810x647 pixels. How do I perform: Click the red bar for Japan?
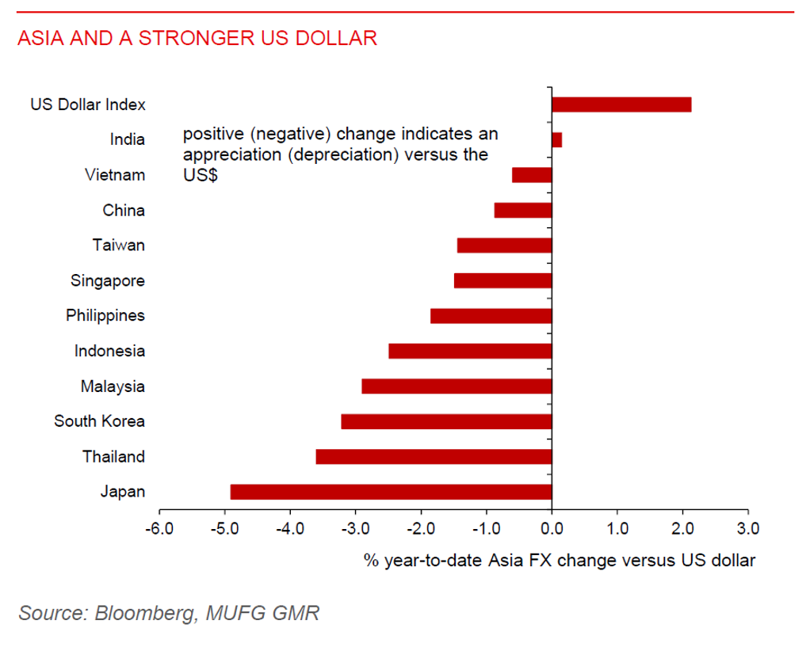click(391, 492)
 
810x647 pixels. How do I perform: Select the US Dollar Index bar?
click(621, 105)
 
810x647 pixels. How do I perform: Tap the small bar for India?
click(556, 140)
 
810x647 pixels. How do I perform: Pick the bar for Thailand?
click(434, 457)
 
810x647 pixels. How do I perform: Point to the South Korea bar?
click(446, 421)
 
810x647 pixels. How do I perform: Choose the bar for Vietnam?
click(532, 175)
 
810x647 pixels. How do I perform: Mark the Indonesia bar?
click(470, 351)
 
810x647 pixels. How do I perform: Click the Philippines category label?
click(105, 316)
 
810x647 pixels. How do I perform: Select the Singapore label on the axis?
click(108, 280)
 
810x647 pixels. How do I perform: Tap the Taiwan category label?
click(118, 245)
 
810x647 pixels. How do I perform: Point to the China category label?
click(124, 211)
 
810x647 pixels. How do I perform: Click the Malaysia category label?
click(113, 386)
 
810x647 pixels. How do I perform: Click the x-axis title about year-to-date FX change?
click(560, 561)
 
